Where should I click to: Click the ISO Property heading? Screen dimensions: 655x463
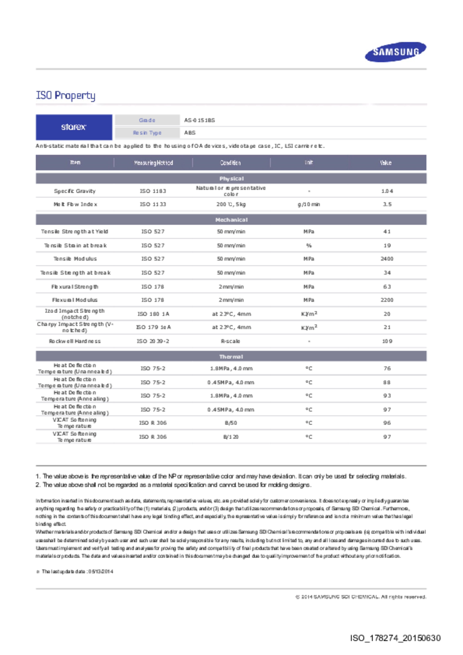(65, 95)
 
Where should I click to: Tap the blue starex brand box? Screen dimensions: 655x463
(74, 127)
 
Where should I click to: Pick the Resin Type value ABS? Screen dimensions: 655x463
(190, 133)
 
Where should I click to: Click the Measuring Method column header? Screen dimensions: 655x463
(153, 162)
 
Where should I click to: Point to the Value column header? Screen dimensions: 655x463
(386, 162)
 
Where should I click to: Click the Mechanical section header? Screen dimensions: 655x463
(231, 220)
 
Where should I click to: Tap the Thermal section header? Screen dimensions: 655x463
(231, 357)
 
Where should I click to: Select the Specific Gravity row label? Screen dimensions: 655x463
(75, 191)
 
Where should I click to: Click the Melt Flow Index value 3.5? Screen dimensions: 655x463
(387, 205)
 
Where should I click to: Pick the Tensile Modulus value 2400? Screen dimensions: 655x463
(387, 259)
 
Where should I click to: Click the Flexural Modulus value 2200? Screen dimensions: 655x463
(387, 300)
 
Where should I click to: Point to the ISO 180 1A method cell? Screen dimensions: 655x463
(153, 314)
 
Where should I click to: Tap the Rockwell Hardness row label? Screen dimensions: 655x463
(75, 341)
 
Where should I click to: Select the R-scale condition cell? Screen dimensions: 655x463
(230, 341)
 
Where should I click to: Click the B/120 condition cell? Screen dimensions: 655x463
(230, 437)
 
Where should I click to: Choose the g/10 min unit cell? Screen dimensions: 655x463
(308, 205)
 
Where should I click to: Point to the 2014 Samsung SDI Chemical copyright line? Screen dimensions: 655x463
(361, 597)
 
